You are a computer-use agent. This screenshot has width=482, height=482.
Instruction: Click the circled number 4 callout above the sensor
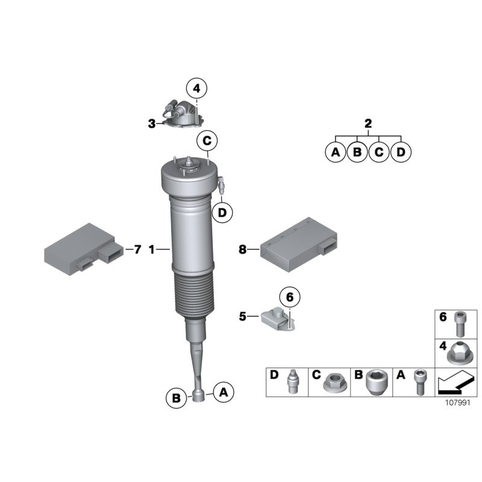pyautogui.click(x=197, y=89)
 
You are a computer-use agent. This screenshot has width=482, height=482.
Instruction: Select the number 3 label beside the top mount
pyautogui.click(x=152, y=124)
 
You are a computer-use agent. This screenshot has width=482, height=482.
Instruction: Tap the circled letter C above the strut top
pyautogui.click(x=207, y=141)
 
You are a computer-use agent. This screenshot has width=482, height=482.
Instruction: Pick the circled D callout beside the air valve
pyautogui.click(x=222, y=212)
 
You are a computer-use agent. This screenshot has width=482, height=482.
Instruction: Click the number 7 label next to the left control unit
pyautogui.click(x=137, y=249)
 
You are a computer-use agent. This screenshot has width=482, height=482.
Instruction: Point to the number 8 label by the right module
pyautogui.click(x=243, y=249)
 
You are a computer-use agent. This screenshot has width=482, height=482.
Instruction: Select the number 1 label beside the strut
pyautogui.click(x=152, y=249)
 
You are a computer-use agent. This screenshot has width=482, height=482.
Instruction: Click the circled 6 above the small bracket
pyautogui.click(x=290, y=297)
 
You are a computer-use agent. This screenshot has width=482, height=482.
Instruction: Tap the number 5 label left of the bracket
pyautogui.click(x=243, y=316)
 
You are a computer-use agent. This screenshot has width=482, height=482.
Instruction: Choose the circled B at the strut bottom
pyautogui.click(x=177, y=398)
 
